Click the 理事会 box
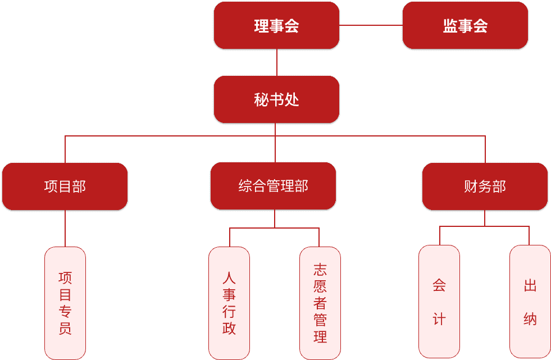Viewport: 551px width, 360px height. click(276, 25)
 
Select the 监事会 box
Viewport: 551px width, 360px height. click(465, 25)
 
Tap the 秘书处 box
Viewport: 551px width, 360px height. click(276, 100)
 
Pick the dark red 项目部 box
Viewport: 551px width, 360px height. click(65, 186)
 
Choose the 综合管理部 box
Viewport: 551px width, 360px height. click(274, 186)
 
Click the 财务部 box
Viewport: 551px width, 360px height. click(485, 186)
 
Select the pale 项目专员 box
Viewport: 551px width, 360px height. click(65, 303)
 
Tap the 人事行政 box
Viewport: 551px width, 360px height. click(229, 303)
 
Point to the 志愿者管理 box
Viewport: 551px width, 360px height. click(320, 303)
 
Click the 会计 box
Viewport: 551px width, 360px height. click(439, 302)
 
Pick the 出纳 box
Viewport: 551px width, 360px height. click(530, 302)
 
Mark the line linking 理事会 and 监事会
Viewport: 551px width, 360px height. click(371, 25)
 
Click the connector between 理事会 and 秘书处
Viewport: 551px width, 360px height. click(276, 62)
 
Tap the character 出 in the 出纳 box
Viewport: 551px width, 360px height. click(530, 286)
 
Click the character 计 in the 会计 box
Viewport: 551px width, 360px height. click(439, 319)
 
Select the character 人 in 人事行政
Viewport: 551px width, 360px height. click(229, 278)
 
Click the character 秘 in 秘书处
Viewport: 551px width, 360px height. click(262, 100)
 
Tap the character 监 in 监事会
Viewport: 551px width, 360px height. click(450, 25)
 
